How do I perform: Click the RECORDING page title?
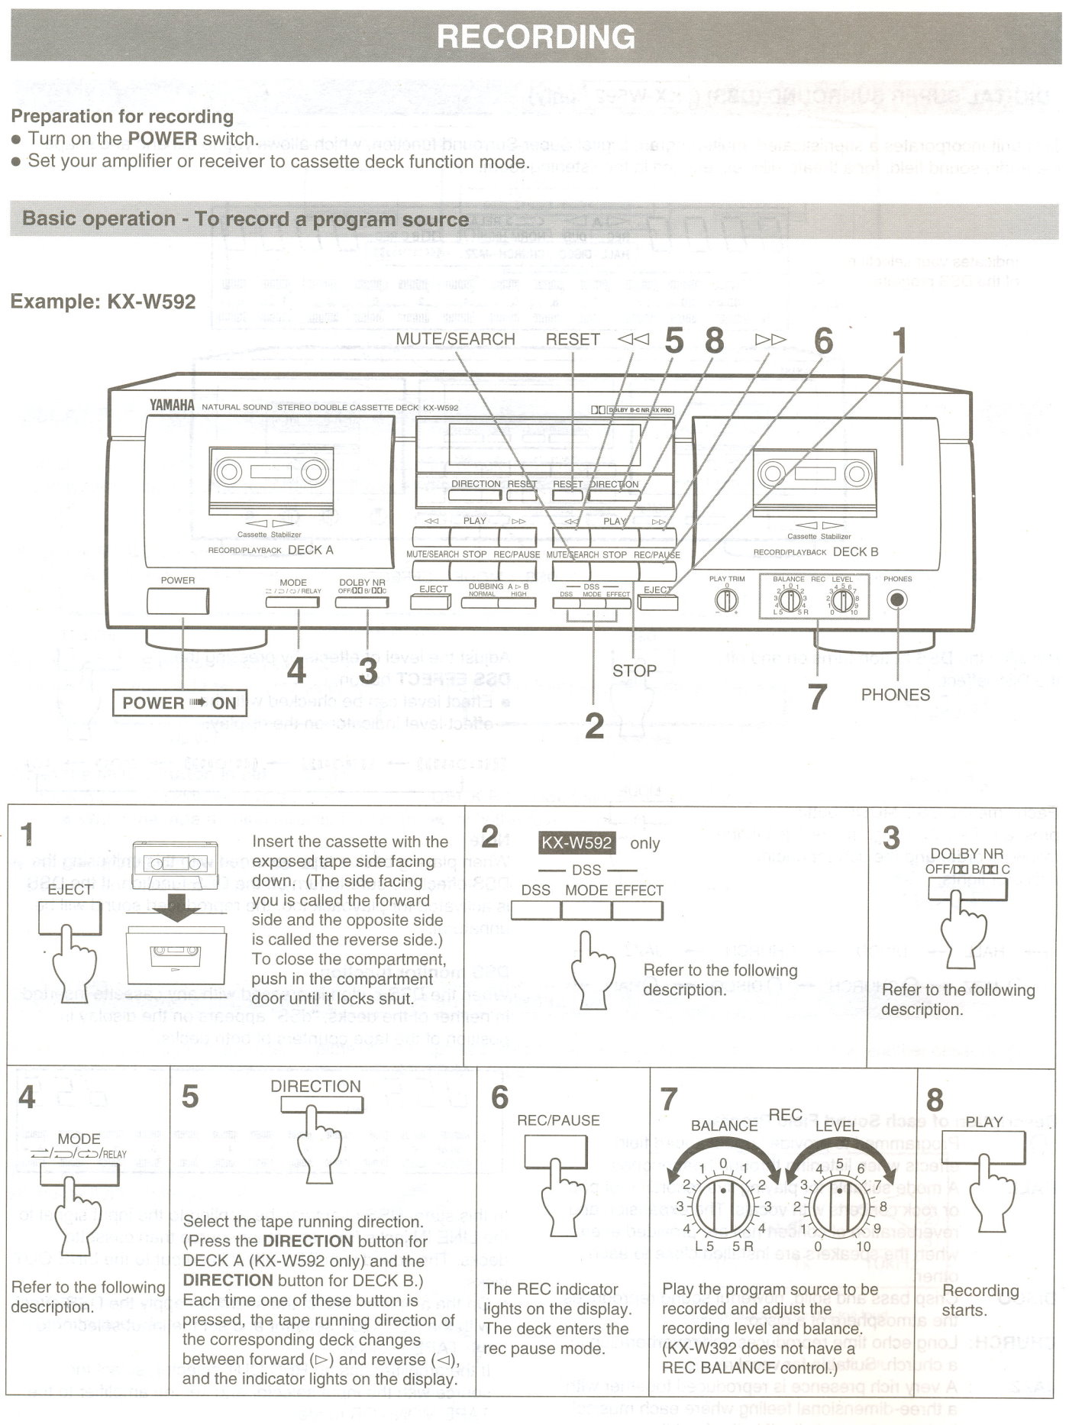coord(536,37)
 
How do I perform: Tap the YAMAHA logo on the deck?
coord(172,406)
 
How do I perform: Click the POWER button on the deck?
coord(178,602)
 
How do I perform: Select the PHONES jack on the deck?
coord(897,600)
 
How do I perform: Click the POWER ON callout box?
coord(179,703)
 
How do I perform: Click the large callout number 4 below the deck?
coord(296,670)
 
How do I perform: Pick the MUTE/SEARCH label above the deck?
coord(455,339)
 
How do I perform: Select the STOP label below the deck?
coord(634,670)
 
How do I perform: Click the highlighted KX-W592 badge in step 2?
coord(576,843)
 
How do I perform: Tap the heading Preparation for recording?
coord(122,117)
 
